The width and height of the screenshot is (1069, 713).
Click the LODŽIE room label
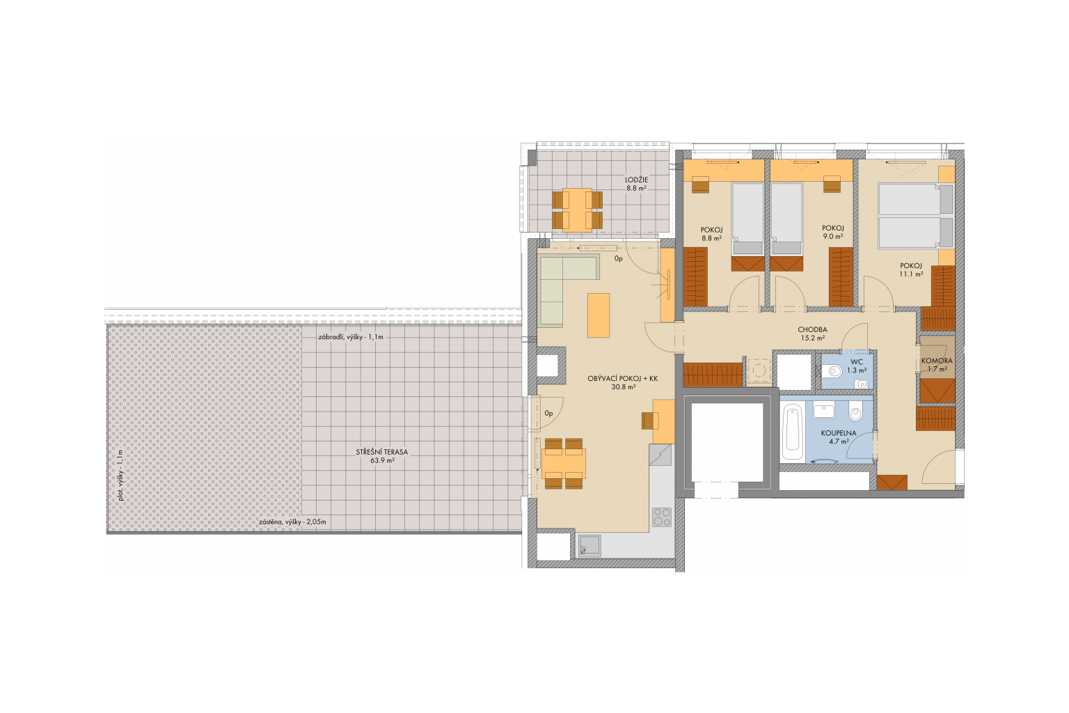636,180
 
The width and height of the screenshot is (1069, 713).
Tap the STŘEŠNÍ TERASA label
382,453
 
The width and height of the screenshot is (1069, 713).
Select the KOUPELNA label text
839,433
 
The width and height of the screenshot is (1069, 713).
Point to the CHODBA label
812,329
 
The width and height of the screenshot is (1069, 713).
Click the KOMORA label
937,361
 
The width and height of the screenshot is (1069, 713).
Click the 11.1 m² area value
911,274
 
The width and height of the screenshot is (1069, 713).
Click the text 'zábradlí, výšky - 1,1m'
351,337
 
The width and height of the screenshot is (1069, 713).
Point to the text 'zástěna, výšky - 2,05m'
292,522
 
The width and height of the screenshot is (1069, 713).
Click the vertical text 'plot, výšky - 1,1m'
120,475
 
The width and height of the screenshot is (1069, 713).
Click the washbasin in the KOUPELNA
824,412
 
